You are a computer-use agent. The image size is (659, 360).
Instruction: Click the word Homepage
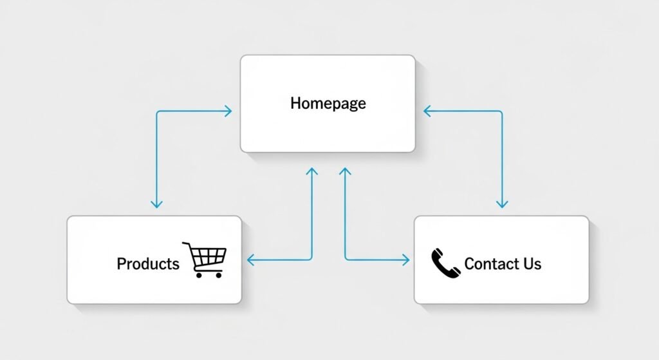coord(328,103)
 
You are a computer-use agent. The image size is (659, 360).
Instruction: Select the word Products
coord(148,263)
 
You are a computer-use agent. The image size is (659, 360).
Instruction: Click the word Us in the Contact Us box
coord(532,263)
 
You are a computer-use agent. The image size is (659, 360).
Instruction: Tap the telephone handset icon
coord(445,263)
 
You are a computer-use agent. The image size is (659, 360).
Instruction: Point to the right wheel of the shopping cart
coord(219,274)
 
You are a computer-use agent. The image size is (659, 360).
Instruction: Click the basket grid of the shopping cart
coord(209,257)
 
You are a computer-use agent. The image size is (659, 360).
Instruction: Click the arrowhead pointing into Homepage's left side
coord(228,111)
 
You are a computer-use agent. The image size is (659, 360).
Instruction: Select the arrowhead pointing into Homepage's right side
coord(427,111)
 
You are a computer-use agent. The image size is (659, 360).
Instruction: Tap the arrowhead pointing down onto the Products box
coord(156,204)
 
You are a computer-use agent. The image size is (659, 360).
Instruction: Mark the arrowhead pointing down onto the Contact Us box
coord(502,204)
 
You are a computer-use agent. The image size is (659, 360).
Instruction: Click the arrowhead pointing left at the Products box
coord(251,260)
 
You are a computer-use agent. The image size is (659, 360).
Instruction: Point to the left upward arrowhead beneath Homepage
coord(312,172)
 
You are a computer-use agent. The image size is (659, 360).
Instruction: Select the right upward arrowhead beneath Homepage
coord(345,172)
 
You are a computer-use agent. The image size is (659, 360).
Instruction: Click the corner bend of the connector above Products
coord(157,112)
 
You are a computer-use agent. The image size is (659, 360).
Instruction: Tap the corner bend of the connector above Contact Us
coord(501,112)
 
